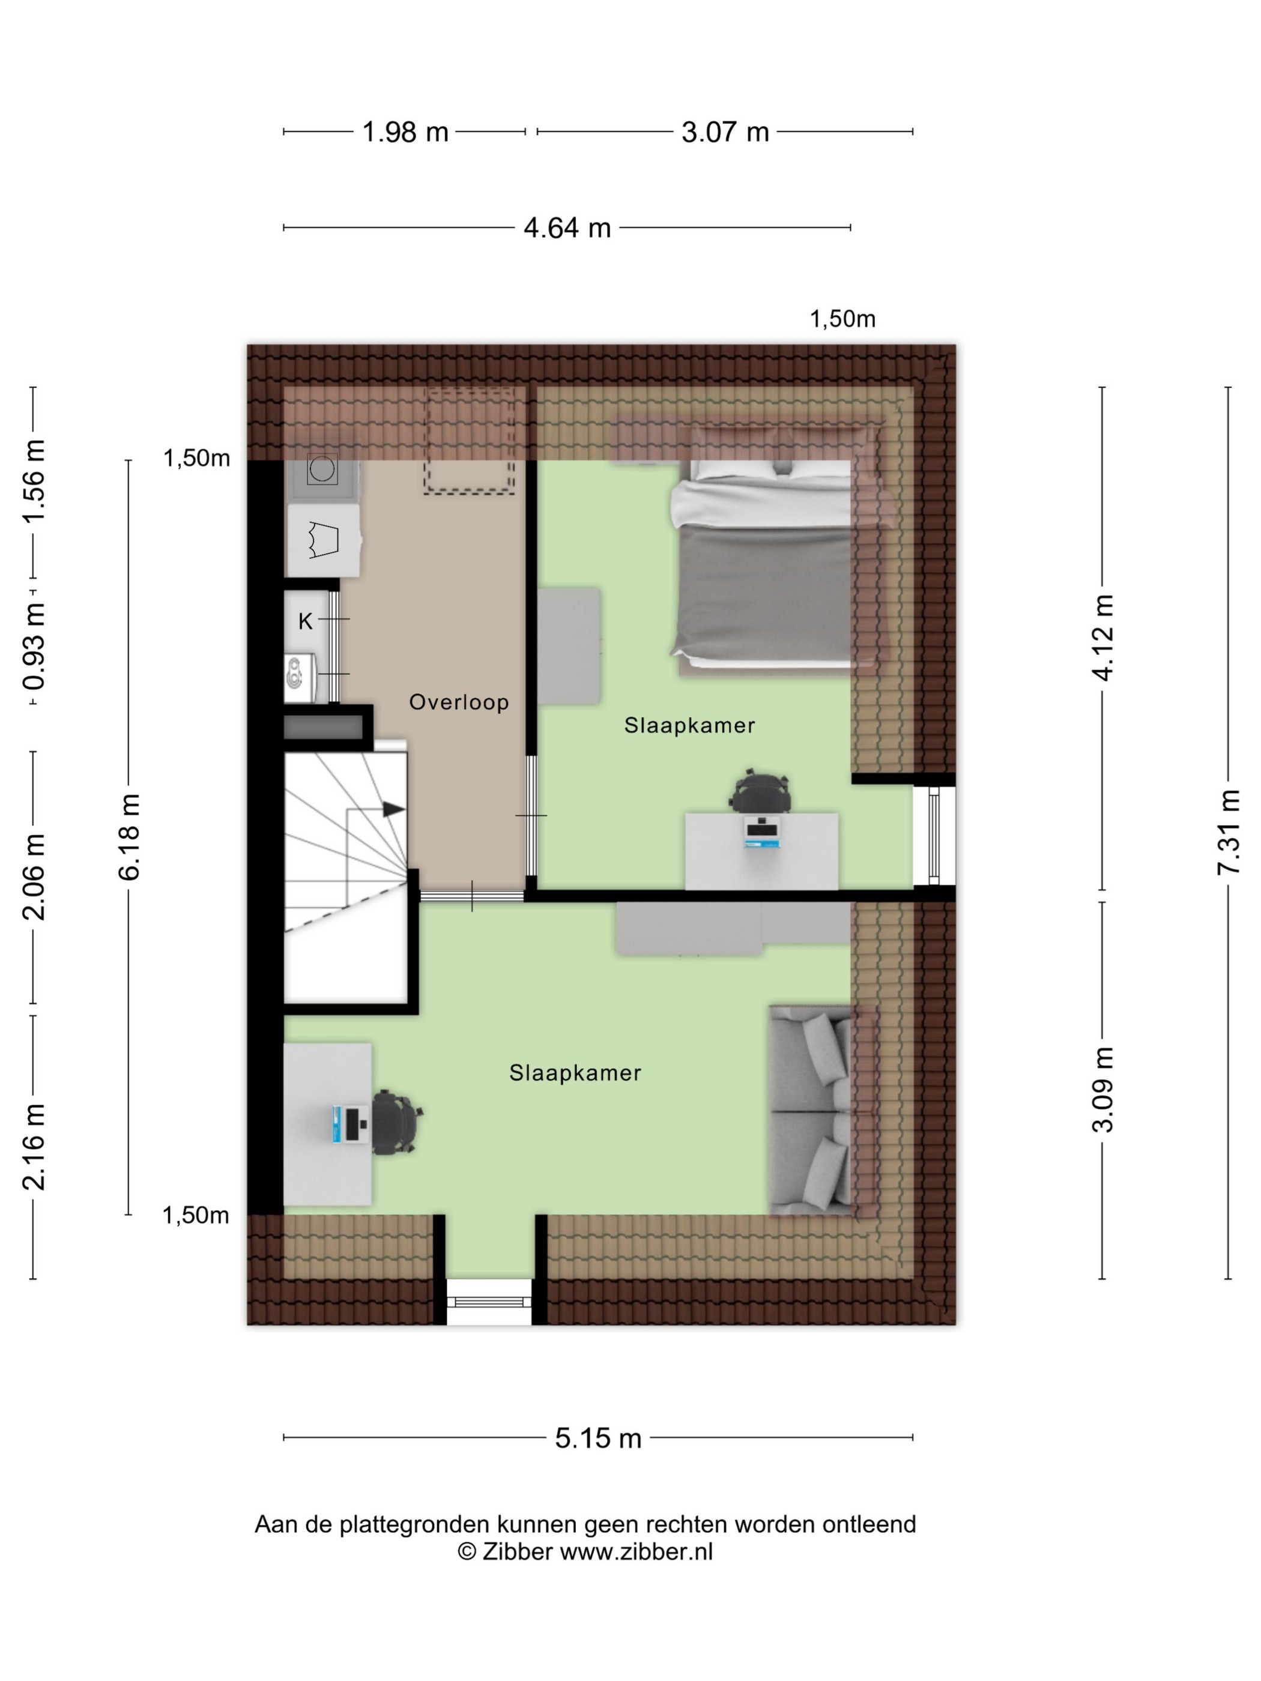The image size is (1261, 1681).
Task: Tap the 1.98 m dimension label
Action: click(405, 132)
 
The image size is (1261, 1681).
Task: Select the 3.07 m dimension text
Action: click(725, 132)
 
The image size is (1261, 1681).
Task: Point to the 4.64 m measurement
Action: click(567, 228)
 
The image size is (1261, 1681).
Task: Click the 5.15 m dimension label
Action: click(598, 1438)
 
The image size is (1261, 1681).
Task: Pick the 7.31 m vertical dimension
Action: click(1229, 831)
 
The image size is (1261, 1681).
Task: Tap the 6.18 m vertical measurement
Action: click(129, 837)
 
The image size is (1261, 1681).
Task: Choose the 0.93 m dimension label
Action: click(34, 647)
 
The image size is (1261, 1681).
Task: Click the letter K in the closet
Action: click(306, 621)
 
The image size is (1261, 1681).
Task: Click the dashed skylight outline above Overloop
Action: click(469, 441)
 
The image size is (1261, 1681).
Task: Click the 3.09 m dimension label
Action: click(1103, 1089)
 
